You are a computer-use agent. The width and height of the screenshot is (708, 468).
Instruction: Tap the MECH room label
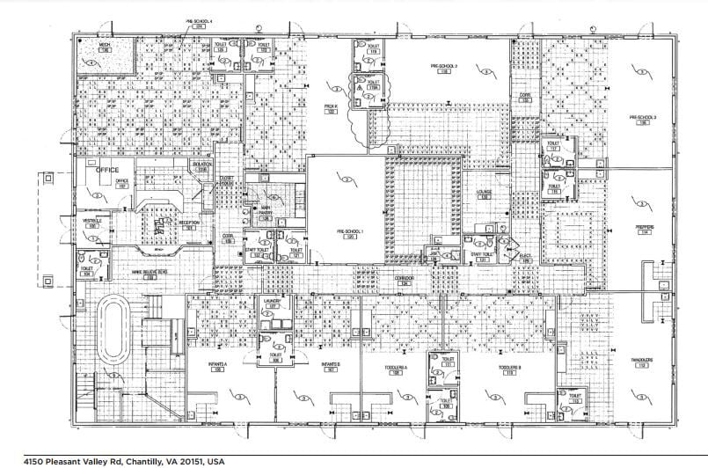[x=104, y=43]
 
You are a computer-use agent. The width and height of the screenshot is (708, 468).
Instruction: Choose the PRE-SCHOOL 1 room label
[x=349, y=233]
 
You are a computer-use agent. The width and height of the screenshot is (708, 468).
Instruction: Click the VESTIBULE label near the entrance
[x=92, y=221]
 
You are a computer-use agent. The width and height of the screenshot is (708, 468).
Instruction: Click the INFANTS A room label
[x=218, y=364]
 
